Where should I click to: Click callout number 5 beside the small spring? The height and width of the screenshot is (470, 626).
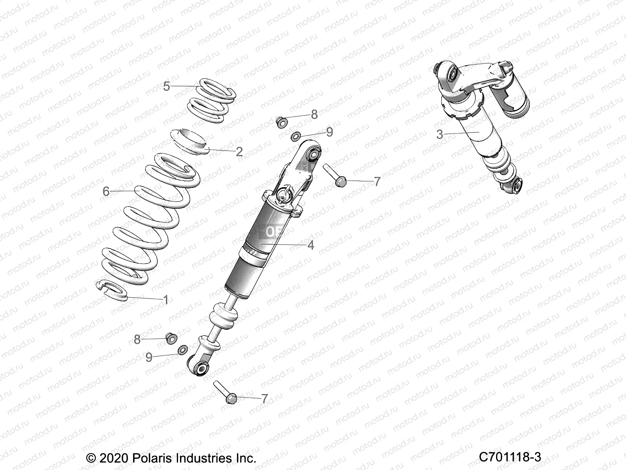pos(167,86)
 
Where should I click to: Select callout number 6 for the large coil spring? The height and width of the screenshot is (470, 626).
pos(106,192)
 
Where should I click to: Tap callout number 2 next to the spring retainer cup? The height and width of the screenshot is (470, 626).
pos(239,152)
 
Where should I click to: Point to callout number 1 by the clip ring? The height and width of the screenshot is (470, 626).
pos(165,300)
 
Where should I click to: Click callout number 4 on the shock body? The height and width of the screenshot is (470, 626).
pos(311,245)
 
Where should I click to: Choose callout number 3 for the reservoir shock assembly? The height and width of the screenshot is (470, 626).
pos(440,134)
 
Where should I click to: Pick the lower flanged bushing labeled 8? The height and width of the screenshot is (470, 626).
pos(171,337)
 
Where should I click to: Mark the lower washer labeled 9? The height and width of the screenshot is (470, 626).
pos(182,349)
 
